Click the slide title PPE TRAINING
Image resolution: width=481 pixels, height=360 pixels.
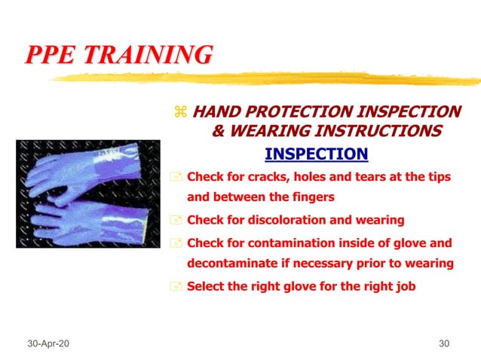[x=119, y=55]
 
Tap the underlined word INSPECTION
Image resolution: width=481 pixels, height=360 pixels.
[x=316, y=154]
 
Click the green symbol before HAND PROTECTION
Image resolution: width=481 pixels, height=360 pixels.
[x=179, y=112]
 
